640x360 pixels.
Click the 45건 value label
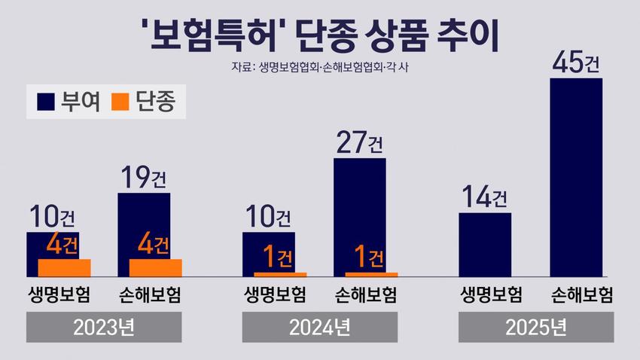pyautogui.click(x=576, y=62)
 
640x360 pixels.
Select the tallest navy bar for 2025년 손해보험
pyautogui.click(x=576, y=177)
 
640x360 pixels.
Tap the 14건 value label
pyautogui.click(x=485, y=197)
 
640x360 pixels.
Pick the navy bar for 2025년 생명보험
pyautogui.click(x=485, y=245)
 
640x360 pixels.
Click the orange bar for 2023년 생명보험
pyautogui.click(x=64, y=267)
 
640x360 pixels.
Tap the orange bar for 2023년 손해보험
pyautogui.click(x=156, y=267)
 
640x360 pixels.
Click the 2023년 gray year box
pyautogui.click(x=105, y=328)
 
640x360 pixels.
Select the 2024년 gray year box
pyautogui.click(x=320, y=328)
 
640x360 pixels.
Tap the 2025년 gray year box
pyautogui.click(x=536, y=328)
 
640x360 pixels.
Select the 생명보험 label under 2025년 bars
pyautogui.click(x=491, y=294)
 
